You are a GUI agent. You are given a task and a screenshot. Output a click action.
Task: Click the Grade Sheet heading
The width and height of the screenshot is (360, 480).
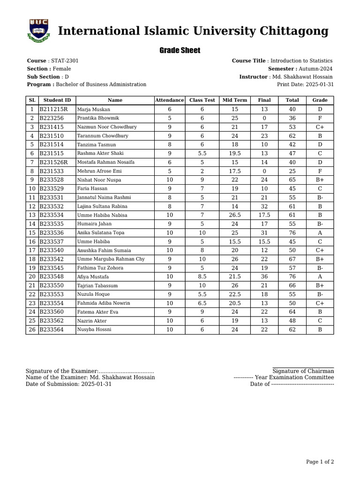coord(180,50)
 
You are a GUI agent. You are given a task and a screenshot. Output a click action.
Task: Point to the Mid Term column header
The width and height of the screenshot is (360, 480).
coord(234,100)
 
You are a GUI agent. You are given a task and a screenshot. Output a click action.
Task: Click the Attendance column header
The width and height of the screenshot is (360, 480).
coord(169,100)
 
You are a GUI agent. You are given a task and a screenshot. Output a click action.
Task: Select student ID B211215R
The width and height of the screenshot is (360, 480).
coord(53,109)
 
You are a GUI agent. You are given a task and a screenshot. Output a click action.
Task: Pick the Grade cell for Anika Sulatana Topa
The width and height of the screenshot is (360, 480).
coord(320,232)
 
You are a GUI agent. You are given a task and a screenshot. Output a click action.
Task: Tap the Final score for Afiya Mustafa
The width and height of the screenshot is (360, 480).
coord(264,277)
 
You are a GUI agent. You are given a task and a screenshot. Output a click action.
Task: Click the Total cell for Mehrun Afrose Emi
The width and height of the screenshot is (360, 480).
coord(292,171)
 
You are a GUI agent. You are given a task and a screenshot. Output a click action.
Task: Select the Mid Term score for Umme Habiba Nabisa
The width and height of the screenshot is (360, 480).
coord(234,215)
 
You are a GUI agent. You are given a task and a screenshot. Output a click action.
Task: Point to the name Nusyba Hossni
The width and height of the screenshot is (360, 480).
coord(94,330)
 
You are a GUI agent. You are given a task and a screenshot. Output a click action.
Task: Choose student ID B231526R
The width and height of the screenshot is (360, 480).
coord(53,162)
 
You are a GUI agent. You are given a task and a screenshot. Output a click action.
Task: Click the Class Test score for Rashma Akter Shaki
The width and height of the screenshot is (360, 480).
coord(202,153)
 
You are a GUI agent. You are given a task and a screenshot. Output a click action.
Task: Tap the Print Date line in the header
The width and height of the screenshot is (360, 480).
coord(305,84)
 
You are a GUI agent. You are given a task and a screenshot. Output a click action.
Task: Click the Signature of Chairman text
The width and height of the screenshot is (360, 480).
coord(303,371)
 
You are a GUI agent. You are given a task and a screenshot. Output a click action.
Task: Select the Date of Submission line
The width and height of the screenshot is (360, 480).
coord(68,384)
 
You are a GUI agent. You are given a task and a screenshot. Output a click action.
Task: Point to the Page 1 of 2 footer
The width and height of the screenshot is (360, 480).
coord(320,462)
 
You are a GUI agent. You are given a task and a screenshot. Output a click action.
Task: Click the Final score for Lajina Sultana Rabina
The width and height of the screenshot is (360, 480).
coord(264,206)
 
